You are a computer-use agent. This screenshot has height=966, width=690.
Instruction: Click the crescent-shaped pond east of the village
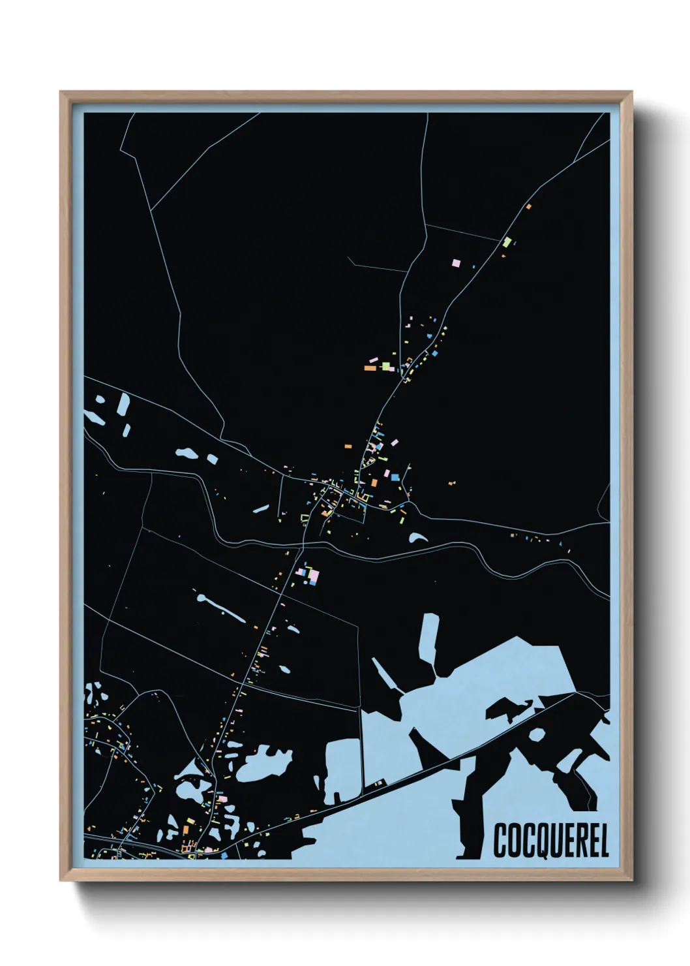click(x=417, y=538)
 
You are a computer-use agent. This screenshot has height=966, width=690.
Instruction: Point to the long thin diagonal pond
click(x=220, y=607)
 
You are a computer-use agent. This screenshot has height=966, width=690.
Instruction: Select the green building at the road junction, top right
click(x=507, y=242)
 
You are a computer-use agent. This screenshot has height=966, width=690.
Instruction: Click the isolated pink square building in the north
click(x=456, y=262)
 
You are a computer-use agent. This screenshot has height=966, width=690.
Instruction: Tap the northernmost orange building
click(x=528, y=206)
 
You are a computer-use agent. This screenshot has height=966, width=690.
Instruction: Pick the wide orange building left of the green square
click(x=370, y=368)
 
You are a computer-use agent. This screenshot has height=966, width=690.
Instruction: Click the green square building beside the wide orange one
click(x=386, y=366)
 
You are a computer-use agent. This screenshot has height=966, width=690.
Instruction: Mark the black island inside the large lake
click(x=509, y=709)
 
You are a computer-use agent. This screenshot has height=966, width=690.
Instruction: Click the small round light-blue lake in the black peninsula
click(x=537, y=734)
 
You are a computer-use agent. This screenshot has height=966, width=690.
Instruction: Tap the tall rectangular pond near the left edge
click(x=123, y=405)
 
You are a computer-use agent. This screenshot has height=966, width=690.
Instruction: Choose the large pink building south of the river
click(x=314, y=576)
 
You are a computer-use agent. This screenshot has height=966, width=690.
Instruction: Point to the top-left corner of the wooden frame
click(x=61, y=92)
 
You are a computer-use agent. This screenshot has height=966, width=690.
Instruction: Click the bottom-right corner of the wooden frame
click(x=631, y=880)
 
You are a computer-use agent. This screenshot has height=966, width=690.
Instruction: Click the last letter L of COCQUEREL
click(x=604, y=841)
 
